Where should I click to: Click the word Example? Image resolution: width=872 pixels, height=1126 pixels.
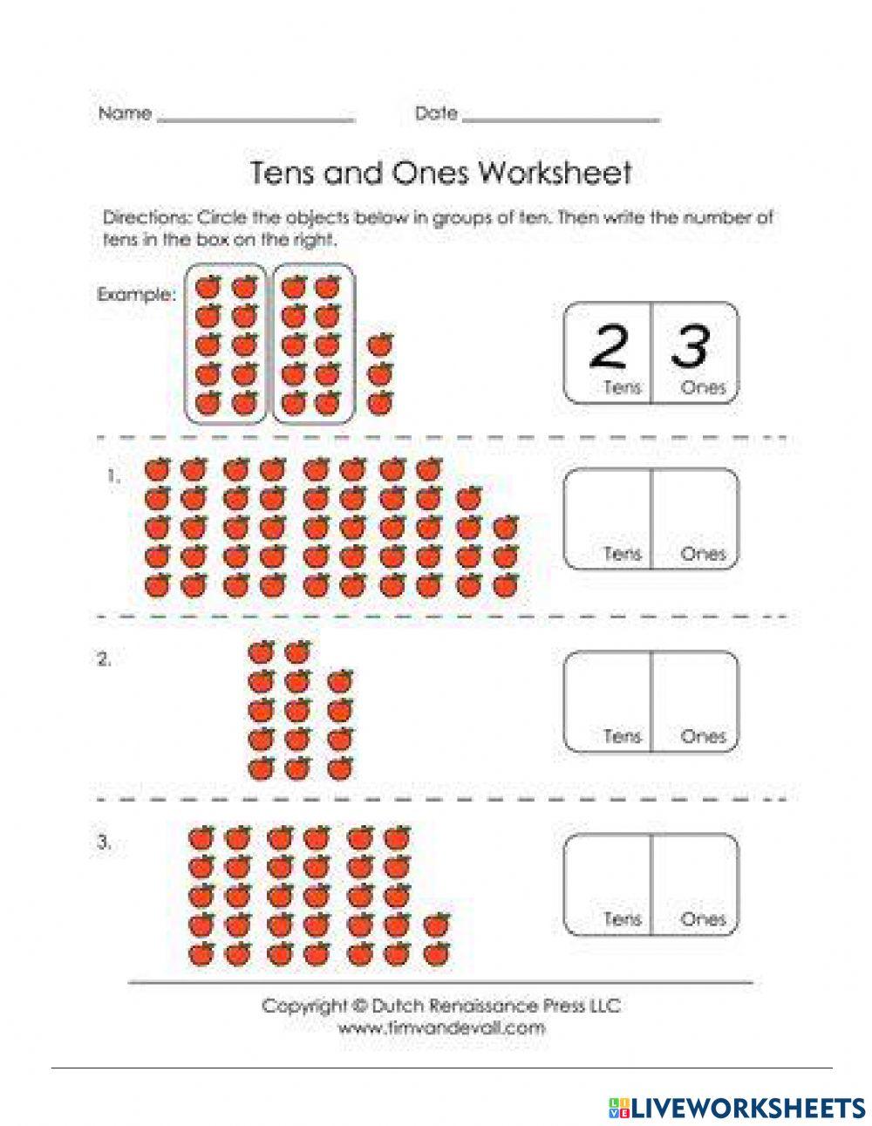click(x=135, y=295)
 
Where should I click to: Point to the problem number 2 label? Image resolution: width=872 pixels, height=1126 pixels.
click(x=104, y=660)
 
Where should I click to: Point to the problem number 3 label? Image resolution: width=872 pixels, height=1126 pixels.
click(x=104, y=843)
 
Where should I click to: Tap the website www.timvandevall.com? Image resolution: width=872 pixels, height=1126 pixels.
click(x=441, y=1027)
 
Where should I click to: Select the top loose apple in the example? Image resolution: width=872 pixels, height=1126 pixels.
click(x=379, y=345)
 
